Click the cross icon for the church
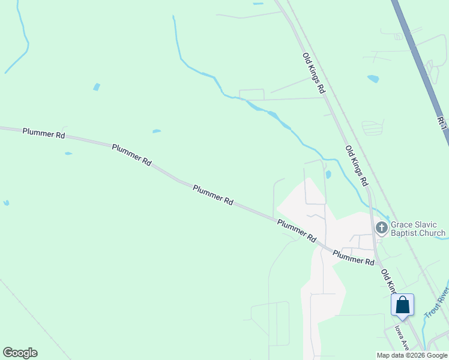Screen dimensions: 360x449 (381, 227)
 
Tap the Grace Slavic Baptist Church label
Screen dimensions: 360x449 (418, 229)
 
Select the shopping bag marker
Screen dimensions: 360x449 (402, 305)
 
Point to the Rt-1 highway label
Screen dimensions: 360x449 (442, 122)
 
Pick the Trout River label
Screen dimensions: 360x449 (436, 303)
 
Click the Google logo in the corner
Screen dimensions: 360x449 (20, 353)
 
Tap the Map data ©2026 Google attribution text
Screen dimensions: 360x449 (412, 355)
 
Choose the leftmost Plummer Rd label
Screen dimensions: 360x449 (43, 132)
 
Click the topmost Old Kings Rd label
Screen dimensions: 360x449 (313, 73)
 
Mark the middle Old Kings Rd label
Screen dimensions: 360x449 (356, 165)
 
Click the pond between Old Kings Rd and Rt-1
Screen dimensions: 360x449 (373, 79)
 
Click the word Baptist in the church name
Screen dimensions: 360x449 (405, 233)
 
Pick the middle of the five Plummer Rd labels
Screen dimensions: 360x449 (212, 196)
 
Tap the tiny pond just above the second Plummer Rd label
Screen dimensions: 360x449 (156, 131)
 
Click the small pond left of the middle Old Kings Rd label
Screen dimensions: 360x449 (328, 175)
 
